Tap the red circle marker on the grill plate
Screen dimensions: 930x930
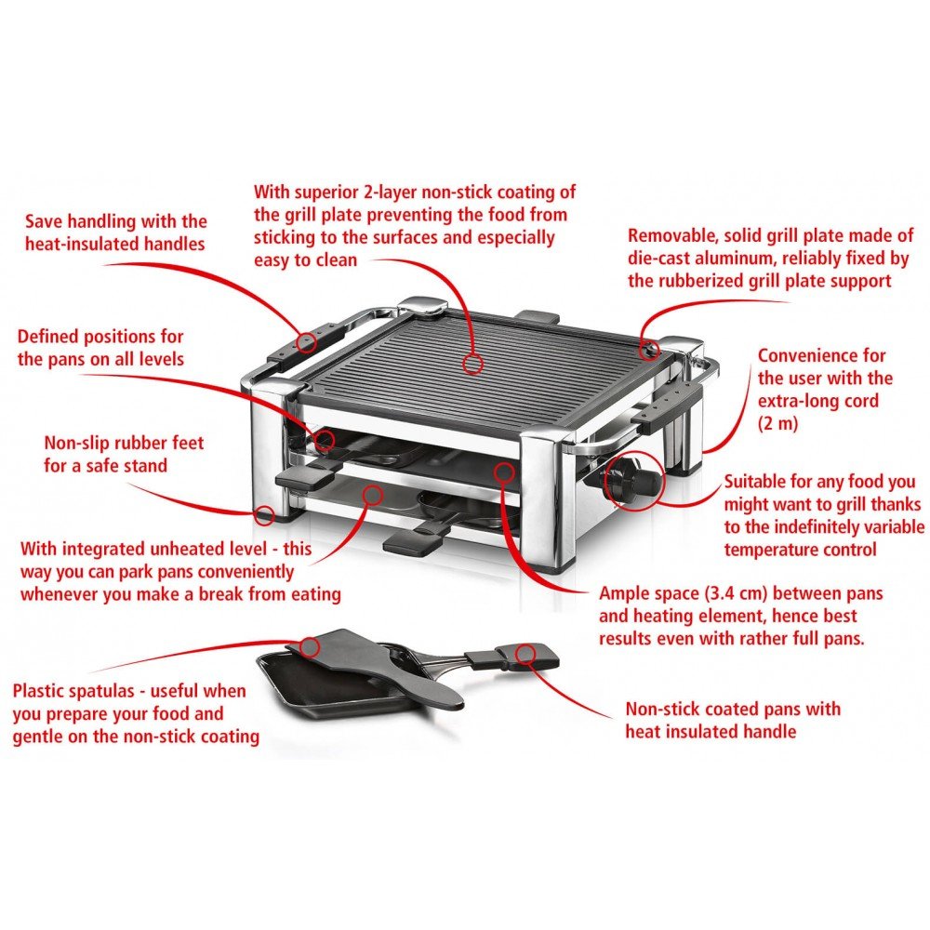(472, 363)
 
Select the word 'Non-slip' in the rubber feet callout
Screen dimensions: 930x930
(75, 443)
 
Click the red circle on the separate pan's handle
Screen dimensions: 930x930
(525, 653)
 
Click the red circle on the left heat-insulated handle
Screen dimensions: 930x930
(305, 343)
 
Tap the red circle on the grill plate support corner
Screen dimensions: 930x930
(651, 350)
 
